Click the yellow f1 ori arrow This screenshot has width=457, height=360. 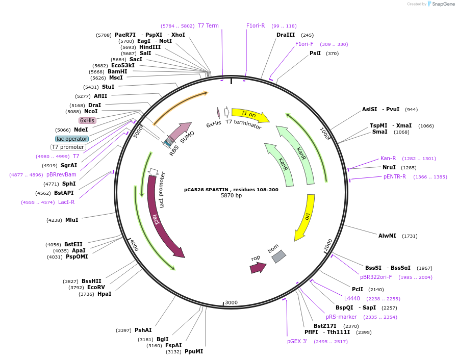pos(250,115)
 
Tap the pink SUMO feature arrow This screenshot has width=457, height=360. pos(179,132)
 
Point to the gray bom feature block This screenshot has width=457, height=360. pos(278,256)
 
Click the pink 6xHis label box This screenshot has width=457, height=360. pos(87,120)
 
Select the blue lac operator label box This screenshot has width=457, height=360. pos(72,139)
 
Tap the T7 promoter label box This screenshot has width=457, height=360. pos(68,147)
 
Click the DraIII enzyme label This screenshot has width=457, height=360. pos(286,35)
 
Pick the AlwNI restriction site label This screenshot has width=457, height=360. pos(387,236)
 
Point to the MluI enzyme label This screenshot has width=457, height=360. pos(72,220)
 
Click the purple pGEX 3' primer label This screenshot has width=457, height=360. pos(297,341)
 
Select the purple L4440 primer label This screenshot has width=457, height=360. pos(352,298)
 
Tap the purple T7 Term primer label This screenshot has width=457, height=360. pos(208,25)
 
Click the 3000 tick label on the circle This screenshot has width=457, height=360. pos(231,302)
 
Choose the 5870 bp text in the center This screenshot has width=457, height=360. pos(231,196)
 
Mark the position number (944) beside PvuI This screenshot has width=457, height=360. pos(411,110)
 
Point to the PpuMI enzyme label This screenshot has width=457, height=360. pos(194,351)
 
